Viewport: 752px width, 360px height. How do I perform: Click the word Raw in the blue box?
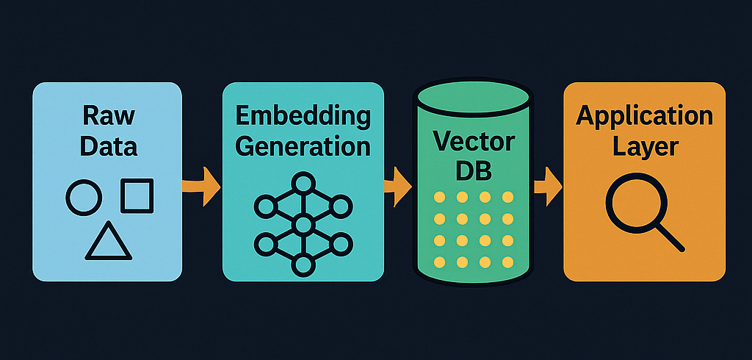coord(109,116)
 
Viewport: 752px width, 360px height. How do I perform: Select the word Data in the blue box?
coord(109,145)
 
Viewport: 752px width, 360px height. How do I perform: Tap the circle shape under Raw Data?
coord(84,197)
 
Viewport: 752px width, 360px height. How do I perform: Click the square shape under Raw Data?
coord(137,195)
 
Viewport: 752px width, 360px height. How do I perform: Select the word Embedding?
coord(303,116)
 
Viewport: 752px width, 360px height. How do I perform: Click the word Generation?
coord(303,145)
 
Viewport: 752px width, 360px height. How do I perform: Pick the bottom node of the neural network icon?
coord(303,264)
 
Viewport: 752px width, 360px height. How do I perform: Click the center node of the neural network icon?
coord(303,223)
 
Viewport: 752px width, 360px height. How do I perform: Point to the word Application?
coord(644,116)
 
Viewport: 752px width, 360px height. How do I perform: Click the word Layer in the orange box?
coord(644,145)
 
